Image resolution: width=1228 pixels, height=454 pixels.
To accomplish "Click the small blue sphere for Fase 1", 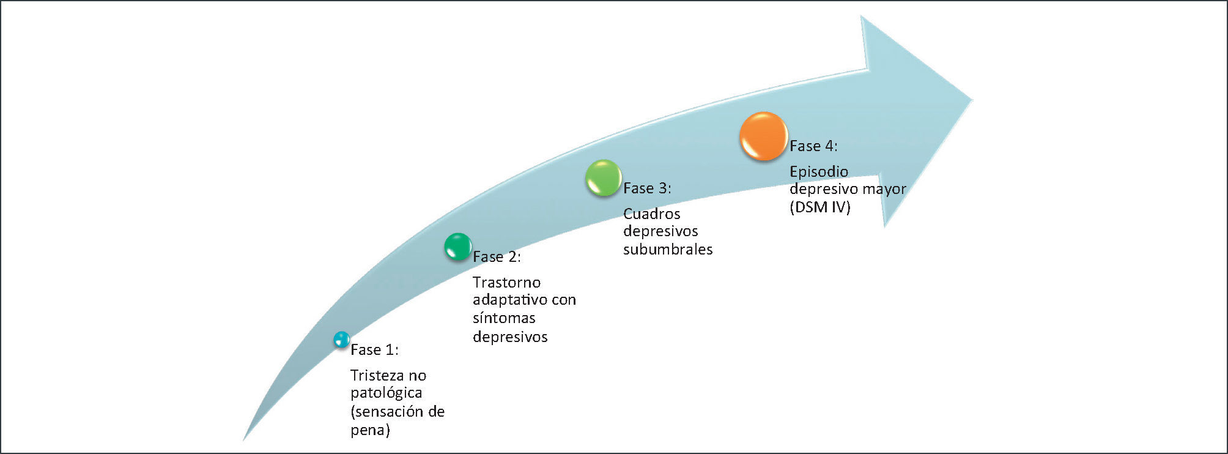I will click(341, 340).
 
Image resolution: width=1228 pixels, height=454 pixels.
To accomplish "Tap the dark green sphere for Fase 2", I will click(457, 247).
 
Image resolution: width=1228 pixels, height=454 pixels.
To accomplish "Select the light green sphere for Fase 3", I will click(603, 178).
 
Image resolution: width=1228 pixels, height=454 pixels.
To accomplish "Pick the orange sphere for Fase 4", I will click(763, 136).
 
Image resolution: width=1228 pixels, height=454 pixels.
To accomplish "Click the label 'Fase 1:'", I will click(374, 350).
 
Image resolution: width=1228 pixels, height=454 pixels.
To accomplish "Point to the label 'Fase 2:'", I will click(497, 257).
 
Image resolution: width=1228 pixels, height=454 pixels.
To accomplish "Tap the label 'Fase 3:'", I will click(647, 188).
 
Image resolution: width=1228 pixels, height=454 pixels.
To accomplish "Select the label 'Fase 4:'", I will click(813, 146).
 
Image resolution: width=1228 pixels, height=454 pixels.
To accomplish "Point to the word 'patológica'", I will click(387, 393).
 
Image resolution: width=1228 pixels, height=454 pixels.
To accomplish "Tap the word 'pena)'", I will click(370, 430).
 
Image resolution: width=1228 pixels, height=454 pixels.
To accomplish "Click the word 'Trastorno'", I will click(506, 283).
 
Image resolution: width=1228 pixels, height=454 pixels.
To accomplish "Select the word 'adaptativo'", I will click(510, 300).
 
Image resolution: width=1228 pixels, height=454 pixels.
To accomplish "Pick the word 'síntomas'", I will click(504, 318).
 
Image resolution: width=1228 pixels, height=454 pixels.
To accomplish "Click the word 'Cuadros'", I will click(651, 214).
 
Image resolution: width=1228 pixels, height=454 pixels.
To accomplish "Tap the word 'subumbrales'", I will click(668, 250).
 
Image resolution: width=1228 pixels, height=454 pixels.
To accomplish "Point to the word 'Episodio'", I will click(818, 172).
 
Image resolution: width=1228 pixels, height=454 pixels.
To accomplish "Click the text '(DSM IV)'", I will click(819, 207).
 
